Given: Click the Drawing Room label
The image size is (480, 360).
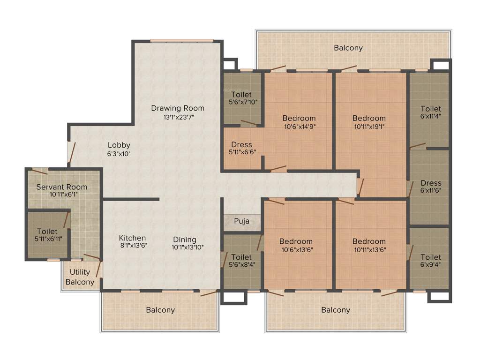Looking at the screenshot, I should point(177,108).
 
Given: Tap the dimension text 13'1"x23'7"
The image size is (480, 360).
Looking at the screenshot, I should point(177,117).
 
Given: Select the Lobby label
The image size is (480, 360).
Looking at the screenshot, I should point(119,145).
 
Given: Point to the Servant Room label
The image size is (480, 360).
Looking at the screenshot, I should point(62,187).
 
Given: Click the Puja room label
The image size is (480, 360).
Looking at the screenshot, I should point(241,221).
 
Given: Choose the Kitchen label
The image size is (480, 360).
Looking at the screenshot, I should point(132,238).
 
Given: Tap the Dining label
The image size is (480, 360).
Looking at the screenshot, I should point(185,239).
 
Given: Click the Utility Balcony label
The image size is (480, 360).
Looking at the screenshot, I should point(80,277).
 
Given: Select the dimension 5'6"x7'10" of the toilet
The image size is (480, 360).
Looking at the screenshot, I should point(241,102).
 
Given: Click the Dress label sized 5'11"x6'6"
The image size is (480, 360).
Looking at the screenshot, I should point(241,144).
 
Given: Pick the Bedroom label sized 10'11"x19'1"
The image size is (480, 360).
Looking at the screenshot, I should point(369,118).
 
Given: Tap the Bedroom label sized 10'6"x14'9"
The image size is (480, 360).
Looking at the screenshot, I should point(299,118).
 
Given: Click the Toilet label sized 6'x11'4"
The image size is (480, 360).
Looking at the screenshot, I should point(430,108).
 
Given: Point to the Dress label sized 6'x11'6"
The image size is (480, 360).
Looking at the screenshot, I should point(430,183).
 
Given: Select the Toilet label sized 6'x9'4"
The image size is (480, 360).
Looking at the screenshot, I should point(430,257).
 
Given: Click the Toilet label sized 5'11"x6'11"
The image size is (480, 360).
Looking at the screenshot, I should point(47,231).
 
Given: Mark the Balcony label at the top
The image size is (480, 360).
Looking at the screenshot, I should point(348,48).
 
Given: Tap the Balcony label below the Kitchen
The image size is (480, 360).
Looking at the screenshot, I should point(160,310).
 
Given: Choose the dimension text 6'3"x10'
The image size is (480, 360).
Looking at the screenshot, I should point(119,153).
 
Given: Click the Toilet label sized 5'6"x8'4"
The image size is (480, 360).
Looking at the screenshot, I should point(241,257).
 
